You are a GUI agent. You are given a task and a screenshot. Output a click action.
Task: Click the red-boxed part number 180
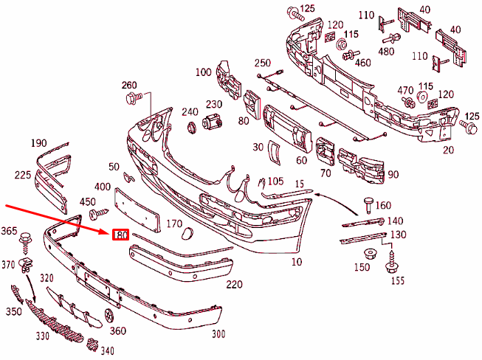(120, 235)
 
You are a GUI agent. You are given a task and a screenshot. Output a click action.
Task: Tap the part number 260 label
(129, 85)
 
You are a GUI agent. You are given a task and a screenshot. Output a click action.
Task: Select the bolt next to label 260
(134, 98)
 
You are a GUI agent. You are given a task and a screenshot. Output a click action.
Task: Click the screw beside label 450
(99, 213)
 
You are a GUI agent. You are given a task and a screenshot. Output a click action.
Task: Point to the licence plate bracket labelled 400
(137, 210)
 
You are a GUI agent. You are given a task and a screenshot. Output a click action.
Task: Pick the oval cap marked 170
(187, 234)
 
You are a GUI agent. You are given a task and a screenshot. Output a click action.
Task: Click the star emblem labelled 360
(109, 316)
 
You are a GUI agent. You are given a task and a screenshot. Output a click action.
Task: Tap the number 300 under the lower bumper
(218, 334)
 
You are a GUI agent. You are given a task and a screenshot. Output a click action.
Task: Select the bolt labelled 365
(25, 243)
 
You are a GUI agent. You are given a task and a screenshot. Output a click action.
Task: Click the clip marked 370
(26, 266)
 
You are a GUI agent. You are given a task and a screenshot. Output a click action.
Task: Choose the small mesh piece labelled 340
(92, 345)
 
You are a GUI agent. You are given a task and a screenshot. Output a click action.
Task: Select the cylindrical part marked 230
(212, 121)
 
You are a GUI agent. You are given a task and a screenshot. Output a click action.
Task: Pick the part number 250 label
(263, 63)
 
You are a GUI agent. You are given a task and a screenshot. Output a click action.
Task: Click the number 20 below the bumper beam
(448, 150)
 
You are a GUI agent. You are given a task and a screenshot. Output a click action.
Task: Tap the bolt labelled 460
(351, 55)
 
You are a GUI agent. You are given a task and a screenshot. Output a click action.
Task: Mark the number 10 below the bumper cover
(297, 262)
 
